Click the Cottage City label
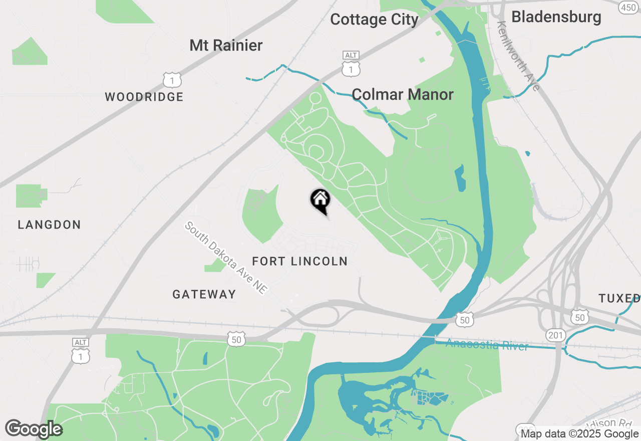tap(374, 20)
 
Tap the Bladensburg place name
tap(556, 17)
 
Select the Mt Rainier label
tap(226, 46)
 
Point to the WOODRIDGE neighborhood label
tap(144, 97)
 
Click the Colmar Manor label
tap(403, 94)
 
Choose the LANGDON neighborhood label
tap(49, 225)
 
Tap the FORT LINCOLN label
tap(299, 261)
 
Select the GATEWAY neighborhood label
tap(204, 294)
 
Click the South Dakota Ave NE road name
tap(226, 258)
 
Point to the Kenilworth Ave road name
tap(519, 56)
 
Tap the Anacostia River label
tap(487, 345)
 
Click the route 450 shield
tap(628, 8)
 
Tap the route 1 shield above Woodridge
tap(172, 80)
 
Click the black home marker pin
tap(320, 200)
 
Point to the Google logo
tap(34, 429)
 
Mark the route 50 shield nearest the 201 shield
tap(580, 317)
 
